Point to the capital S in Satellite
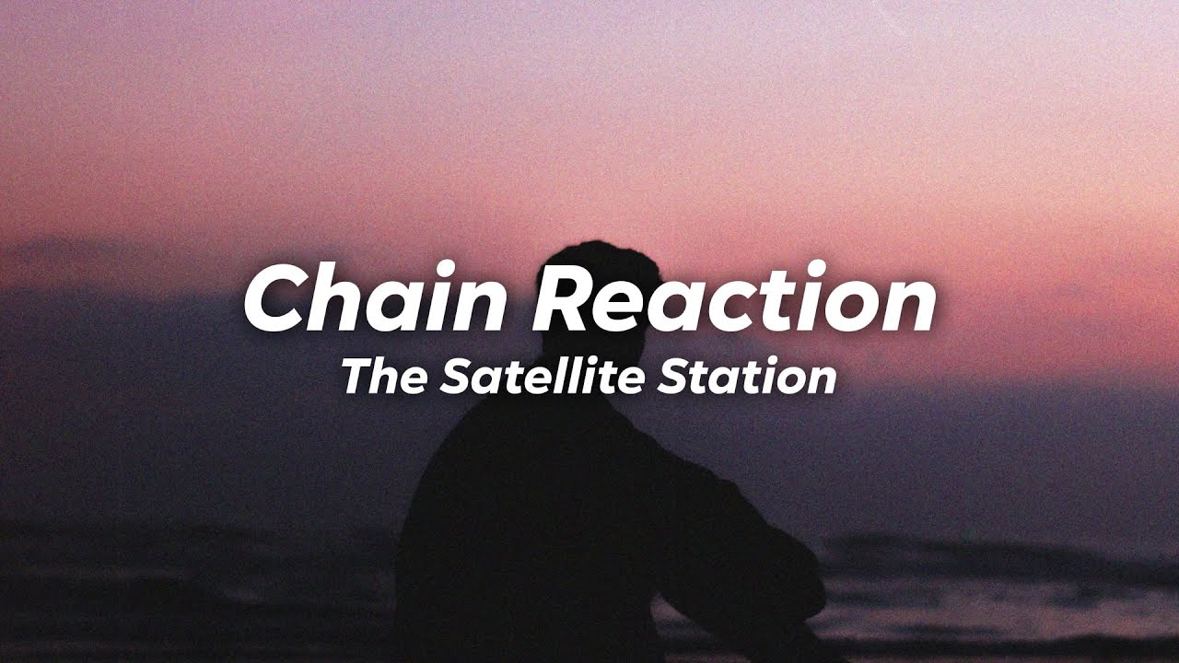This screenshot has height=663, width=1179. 452,378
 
